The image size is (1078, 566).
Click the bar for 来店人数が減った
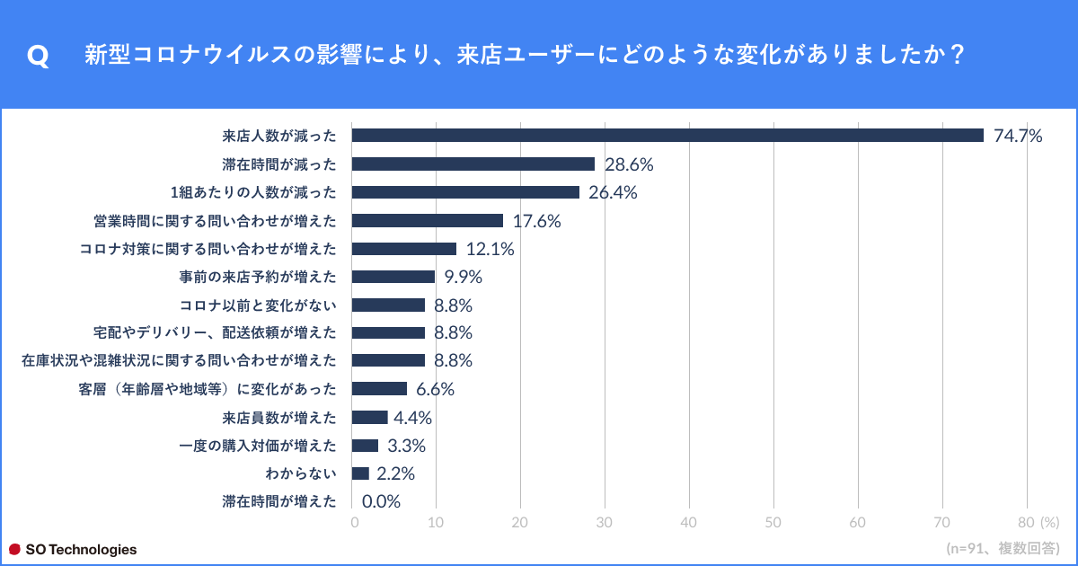click(667, 136)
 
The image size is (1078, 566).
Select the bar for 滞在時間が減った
click(473, 164)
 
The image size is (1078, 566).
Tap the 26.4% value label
click(613, 192)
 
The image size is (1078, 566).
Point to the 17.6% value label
click(536, 221)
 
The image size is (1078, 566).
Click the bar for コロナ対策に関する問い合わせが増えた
click(403, 249)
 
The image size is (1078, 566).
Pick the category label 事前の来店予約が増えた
click(258, 277)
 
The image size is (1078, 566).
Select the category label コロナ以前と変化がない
click(258, 305)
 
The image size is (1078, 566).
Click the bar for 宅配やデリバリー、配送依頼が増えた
click(388, 333)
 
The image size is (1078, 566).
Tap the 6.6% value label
click(435, 389)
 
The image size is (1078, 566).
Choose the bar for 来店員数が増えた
click(369, 418)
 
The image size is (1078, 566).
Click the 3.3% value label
click(406, 446)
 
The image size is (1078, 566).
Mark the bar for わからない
click(360, 473)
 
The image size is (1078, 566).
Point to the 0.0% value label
click(381, 502)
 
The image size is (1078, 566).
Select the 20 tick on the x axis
click(520, 523)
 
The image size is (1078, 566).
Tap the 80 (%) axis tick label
click(1038, 523)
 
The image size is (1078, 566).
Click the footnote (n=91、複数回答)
click(1003, 548)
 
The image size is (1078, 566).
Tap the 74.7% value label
click(1018, 136)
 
